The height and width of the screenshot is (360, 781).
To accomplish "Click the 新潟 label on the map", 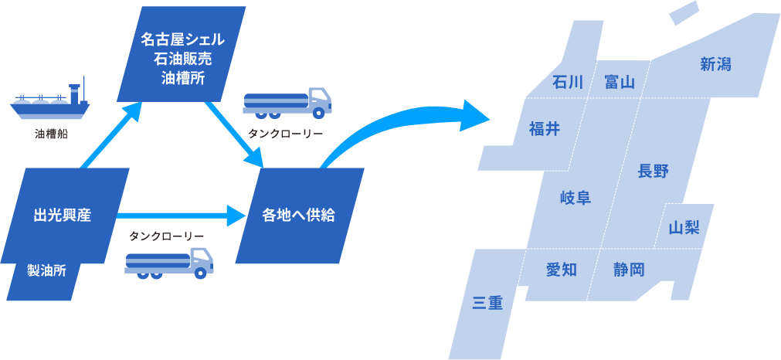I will [x=715, y=65].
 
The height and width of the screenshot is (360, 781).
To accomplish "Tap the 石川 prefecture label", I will [x=569, y=82].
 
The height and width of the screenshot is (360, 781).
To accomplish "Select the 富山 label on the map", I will [x=620, y=82].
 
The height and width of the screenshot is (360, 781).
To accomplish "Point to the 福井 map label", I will [x=545, y=129].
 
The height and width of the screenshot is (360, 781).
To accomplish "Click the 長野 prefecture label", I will [x=653, y=172].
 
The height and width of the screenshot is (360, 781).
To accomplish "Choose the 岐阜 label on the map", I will [x=575, y=198].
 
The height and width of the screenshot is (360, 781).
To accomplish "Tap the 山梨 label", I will [x=684, y=227].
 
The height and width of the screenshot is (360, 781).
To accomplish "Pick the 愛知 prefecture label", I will [x=562, y=270].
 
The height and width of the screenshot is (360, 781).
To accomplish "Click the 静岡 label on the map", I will [x=629, y=270].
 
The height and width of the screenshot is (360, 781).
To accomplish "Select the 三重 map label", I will [x=487, y=304].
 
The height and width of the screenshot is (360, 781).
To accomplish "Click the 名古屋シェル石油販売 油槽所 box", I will [x=183, y=58].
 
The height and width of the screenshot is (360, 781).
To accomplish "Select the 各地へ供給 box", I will [x=299, y=215].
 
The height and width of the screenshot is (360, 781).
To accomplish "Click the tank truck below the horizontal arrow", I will [x=169, y=263].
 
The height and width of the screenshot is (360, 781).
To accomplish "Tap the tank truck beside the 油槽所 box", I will [x=287, y=103].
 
